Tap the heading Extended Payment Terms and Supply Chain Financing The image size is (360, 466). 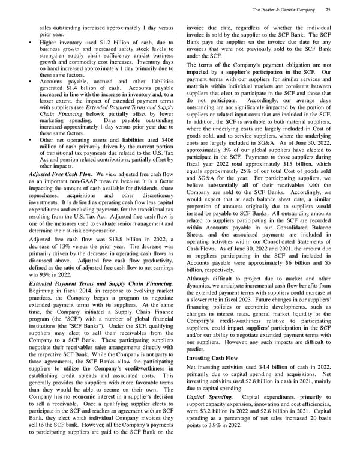point(93,282)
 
